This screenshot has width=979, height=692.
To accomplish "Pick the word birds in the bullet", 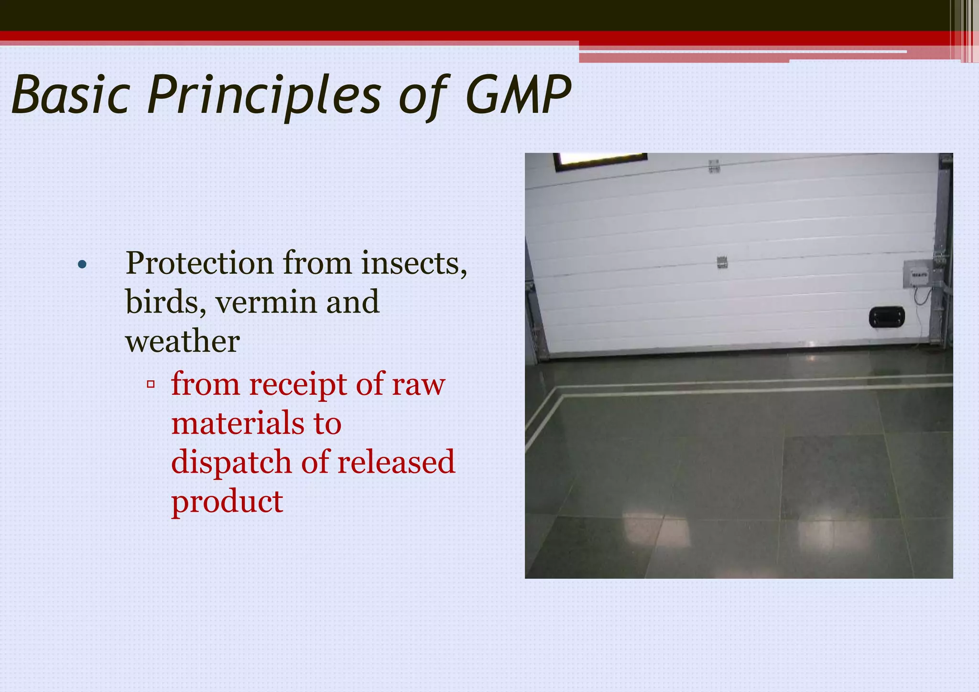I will click(165, 302).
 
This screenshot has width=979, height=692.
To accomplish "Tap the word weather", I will click(182, 341).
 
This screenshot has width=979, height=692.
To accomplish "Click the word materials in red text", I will click(238, 423).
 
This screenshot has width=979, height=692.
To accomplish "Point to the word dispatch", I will click(231, 463).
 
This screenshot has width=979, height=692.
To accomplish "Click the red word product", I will click(227, 501).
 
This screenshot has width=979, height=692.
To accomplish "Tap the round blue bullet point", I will click(82, 264).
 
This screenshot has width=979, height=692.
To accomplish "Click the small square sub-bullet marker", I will click(151, 384).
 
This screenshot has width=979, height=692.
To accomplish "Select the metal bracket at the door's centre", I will click(722, 262).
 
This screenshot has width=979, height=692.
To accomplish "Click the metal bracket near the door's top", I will click(714, 165).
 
